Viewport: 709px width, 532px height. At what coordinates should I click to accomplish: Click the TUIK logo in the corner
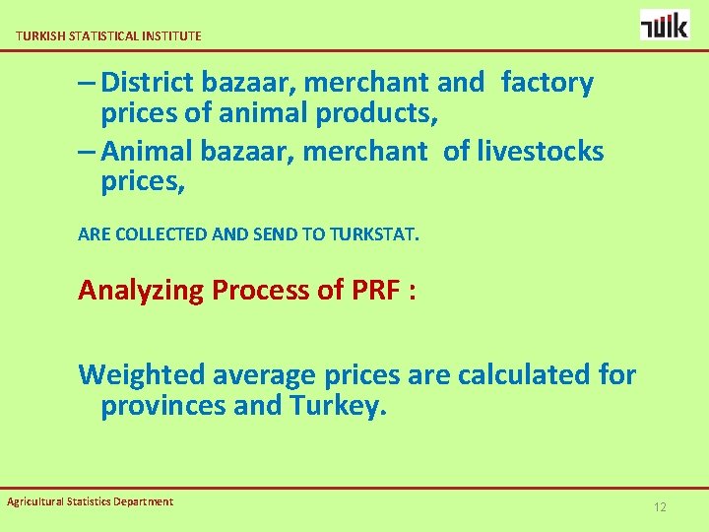point(665,24)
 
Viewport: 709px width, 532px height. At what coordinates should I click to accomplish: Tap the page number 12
point(660,507)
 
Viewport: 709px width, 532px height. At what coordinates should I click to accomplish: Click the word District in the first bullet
point(149,83)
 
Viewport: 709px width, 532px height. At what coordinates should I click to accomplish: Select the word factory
point(548,83)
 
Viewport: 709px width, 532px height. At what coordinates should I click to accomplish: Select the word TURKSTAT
point(375,235)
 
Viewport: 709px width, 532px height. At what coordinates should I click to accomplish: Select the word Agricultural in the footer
point(36,501)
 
